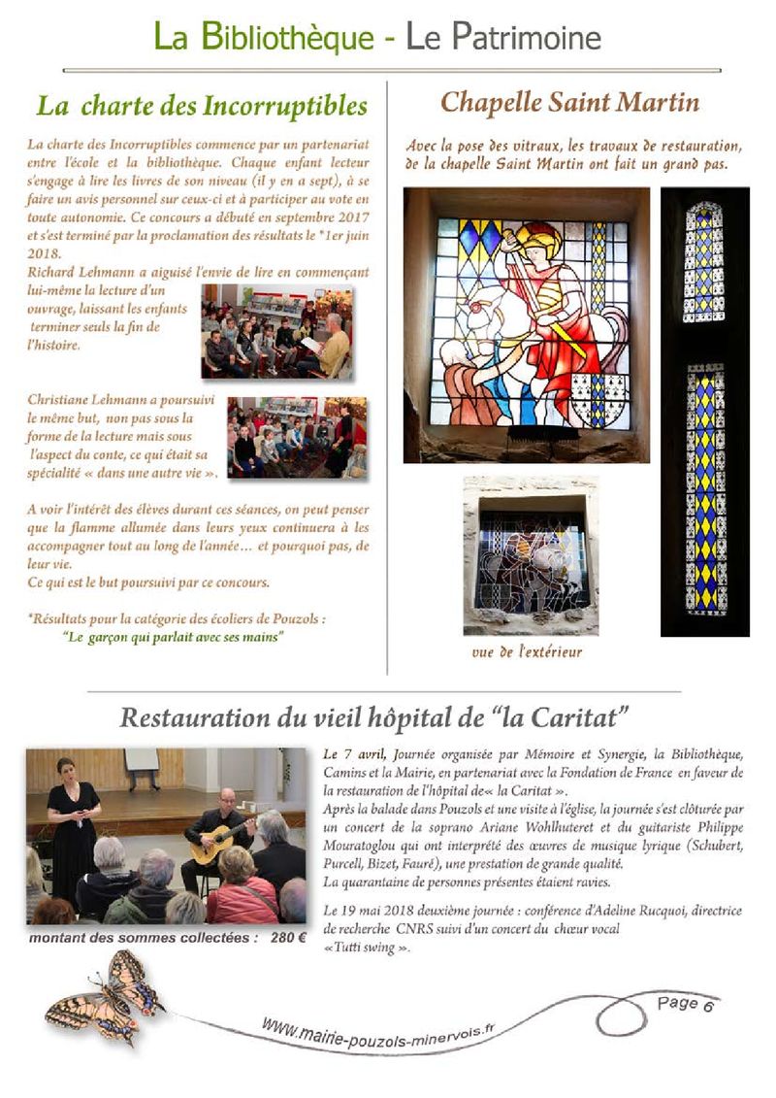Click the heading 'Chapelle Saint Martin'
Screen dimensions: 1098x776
[x=569, y=102]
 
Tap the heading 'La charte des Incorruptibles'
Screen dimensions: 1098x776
[x=202, y=105]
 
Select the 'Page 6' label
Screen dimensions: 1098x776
[x=685, y=1005]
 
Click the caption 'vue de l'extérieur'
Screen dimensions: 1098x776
[x=527, y=651]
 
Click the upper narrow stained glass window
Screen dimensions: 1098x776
[x=703, y=263]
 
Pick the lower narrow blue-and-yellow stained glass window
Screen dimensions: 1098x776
[x=705, y=488]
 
